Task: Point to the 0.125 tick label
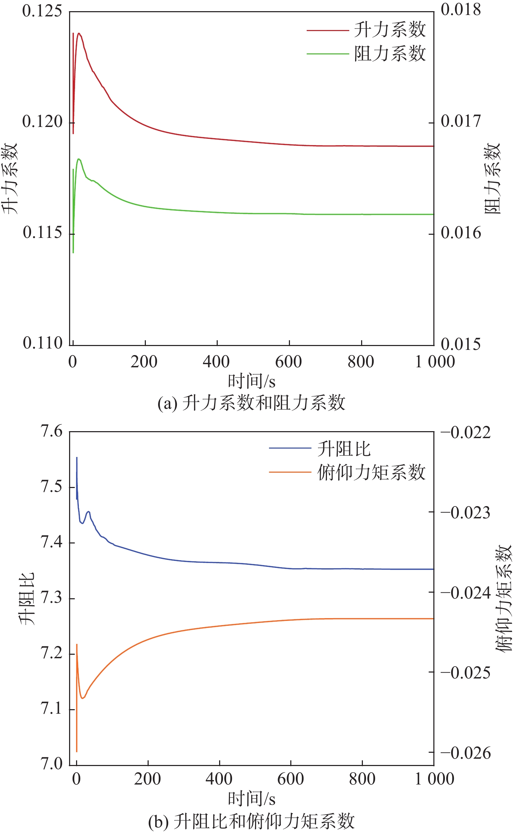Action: coord(42,11)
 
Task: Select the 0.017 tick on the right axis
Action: coord(461,121)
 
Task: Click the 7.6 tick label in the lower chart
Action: coord(51,431)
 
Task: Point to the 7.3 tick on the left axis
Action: coord(51,598)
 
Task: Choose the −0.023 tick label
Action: coord(465,513)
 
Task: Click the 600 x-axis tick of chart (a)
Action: coord(289,362)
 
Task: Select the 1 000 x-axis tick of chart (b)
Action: coord(434,779)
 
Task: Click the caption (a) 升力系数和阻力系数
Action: coord(251,403)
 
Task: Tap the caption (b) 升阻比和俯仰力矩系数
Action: coord(251,821)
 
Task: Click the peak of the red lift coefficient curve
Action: coord(79,33)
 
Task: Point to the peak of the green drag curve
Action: coord(79,159)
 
